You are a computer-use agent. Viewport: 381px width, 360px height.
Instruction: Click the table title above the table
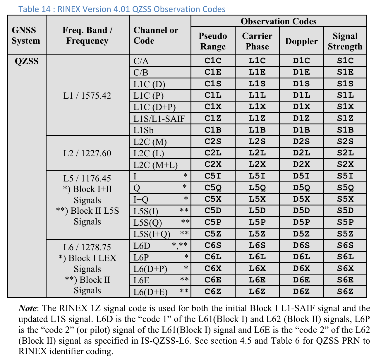click(x=122, y=9)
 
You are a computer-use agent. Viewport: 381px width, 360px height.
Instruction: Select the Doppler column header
click(x=301, y=41)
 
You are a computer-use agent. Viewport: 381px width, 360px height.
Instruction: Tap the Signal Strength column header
click(x=345, y=41)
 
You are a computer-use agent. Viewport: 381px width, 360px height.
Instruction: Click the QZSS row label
click(x=27, y=61)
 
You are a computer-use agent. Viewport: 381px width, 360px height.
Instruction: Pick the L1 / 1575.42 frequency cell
click(x=87, y=96)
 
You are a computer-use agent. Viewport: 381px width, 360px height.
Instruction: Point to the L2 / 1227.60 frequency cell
click(x=87, y=153)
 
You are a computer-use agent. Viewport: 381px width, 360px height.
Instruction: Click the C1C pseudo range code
click(x=213, y=61)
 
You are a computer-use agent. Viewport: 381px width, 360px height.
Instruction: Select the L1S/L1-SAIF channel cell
click(x=159, y=119)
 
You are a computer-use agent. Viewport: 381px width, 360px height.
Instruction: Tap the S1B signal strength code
click(x=345, y=130)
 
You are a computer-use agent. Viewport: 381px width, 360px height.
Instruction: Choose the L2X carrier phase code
click(x=257, y=164)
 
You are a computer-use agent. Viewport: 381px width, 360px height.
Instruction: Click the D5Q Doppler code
click(x=301, y=188)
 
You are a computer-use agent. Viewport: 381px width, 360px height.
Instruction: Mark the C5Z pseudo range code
click(x=213, y=234)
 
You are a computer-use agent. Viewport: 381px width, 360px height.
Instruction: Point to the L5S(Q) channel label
click(x=148, y=223)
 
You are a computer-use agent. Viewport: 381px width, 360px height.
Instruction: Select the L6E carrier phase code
click(x=257, y=280)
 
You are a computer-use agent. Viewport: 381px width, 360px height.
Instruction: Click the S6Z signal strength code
click(x=345, y=292)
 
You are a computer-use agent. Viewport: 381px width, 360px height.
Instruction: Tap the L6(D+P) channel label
click(x=150, y=269)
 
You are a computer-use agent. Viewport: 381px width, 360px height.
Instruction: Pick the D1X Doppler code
click(x=301, y=107)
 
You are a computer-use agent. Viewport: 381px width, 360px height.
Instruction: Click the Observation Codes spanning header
click(x=279, y=21)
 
